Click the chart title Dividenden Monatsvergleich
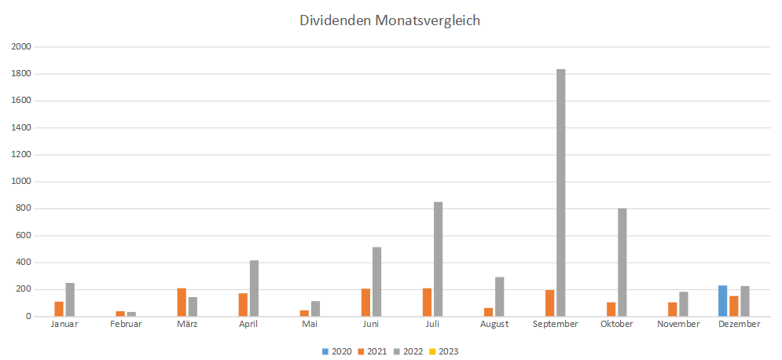point(390,20)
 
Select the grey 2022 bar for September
point(561,193)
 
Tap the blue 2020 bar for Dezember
point(723,301)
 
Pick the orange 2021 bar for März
point(182,303)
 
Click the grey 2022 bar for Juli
point(439,259)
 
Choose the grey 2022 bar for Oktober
point(622,263)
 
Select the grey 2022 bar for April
point(255,288)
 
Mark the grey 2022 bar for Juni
point(377,281)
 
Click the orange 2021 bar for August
point(488,312)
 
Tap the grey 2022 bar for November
point(684,304)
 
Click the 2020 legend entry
point(336,351)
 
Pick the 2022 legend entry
point(407,351)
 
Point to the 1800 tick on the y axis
point(21,74)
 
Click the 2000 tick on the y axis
point(21,47)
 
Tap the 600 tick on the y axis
point(24,236)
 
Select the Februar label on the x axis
point(126,324)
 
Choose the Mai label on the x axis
point(310,324)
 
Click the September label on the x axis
point(555,324)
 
